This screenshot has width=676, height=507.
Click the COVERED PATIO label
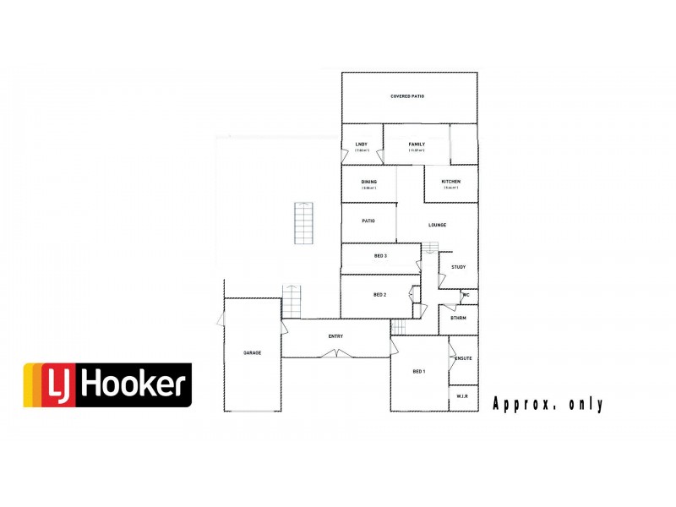[x=407, y=96]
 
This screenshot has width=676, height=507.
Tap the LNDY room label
[x=361, y=144]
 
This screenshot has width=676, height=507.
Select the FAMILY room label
[x=417, y=144]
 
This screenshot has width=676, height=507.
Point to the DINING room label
[x=369, y=182]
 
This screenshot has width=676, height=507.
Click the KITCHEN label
[x=450, y=182]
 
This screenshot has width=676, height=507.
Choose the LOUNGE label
[x=437, y=225]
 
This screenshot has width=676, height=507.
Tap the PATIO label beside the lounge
[x=368, y=221]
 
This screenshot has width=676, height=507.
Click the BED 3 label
[x=380, y=256]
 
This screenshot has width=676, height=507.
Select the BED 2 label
[x=379, y=294]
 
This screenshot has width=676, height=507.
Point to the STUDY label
[x=458, y=267]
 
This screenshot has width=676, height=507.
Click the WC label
[x=466, y=295]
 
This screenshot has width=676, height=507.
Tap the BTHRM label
[x=459, y=318]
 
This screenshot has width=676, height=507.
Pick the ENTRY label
[x=335, y=336]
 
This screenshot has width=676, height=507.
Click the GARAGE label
[x=252, y=352]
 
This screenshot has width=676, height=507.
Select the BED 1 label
[x=419, y=372]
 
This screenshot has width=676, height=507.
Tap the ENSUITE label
[x=463, y=358]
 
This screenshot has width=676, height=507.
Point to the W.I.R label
[x=462, y=396]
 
